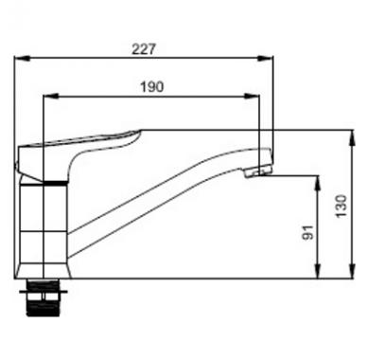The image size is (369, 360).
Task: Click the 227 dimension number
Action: pyautogui.click(x=144, y=49)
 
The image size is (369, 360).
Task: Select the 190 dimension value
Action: pyautogui.click(x=152, y=87)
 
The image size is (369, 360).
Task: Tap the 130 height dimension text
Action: pyautogui.click(x=341, y=206)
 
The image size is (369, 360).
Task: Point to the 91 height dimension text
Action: pyautogui.click(x=308, y=232)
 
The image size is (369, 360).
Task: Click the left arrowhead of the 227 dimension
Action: pyautogui.click(x=22, y=58)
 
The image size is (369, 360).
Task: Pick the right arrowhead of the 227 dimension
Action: pyautogui.click(x=266, y=58)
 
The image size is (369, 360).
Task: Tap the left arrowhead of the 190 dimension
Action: pyautogui.click(x=51, y=96)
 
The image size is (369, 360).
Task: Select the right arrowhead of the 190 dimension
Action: pyautogui.click(x=252, y=96)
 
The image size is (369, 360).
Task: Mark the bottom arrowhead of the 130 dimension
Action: pyautogui.click(x=353, y=271)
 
